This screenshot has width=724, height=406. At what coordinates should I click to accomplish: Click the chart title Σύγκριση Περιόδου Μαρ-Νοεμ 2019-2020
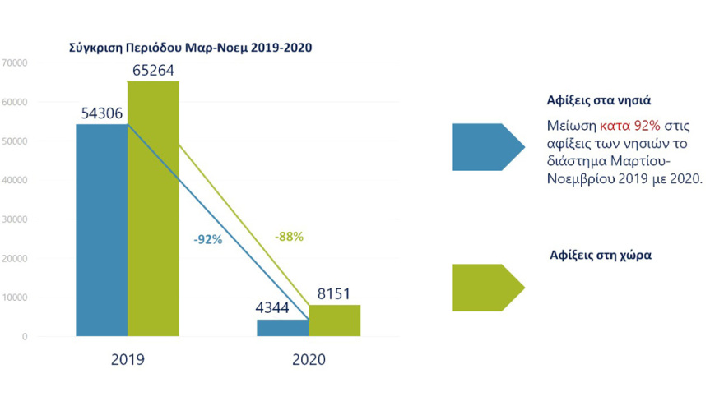pos(190,48)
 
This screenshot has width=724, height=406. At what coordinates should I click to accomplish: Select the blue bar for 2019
pos(101,230)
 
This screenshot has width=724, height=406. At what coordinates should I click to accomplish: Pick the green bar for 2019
pos(154,209)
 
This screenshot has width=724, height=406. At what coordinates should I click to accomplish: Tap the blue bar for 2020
pos(282,327)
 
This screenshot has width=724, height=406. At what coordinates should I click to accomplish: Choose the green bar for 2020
pos(334,320)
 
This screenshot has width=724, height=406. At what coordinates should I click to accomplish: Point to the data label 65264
pos(154,71)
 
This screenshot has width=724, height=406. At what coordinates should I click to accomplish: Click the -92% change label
pos(208,241)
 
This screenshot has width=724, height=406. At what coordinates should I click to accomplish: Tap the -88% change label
pos(289,237)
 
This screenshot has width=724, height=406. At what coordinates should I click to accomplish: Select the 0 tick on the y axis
pos(25,337)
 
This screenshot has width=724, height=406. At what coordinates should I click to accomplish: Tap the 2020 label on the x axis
pos(309,360)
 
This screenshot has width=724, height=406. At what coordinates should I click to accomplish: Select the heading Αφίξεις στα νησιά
pos(599,101)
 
